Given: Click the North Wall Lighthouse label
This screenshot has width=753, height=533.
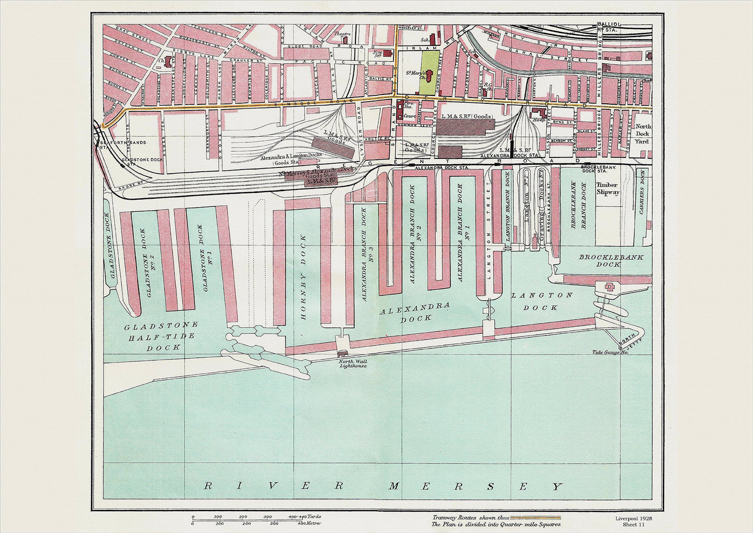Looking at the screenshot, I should point(353,364).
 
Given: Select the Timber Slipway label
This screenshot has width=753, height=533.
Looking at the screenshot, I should point(608,188).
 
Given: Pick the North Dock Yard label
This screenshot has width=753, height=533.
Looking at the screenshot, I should point(643,134).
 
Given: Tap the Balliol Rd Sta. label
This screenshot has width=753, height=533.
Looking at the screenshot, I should point(608,27).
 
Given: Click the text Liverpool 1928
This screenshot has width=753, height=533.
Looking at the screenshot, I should point(633,519).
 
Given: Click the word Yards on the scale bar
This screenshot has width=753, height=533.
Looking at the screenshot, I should point(313,516).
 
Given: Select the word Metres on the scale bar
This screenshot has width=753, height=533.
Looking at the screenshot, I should point(312,523).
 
